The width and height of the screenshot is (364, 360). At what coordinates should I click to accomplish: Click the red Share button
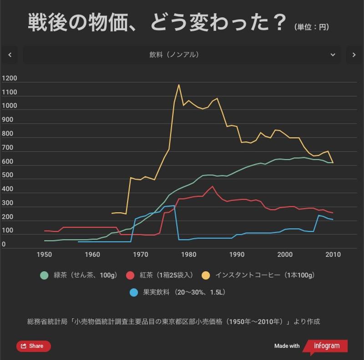[x=33, y=346]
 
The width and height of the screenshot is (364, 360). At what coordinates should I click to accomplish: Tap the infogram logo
[x=325, y=346]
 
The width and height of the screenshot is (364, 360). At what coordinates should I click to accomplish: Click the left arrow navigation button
[x=10, y=55]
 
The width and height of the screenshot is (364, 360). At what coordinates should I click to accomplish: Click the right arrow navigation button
[x=354, y=55]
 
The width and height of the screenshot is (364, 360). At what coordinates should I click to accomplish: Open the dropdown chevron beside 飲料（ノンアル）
[x=333, y=55]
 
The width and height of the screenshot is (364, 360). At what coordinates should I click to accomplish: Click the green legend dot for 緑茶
[x=44, y=275]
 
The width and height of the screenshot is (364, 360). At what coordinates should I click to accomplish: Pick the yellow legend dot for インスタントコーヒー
[x=206, y=275]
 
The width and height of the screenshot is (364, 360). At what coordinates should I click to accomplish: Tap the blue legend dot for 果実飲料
[x=133, y=292]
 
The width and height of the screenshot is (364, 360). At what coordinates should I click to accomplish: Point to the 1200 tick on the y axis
[x=10, y=78]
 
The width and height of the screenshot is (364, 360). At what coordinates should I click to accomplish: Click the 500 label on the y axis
[x=8, y=175]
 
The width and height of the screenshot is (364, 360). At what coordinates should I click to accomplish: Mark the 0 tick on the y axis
[x=4, y=245]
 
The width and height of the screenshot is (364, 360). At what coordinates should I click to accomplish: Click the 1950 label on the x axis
[x=44, y=255]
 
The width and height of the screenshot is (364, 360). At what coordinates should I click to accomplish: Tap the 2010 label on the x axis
[x=333, y=255]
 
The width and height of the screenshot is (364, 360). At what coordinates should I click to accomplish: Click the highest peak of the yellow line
[x=178, y=85]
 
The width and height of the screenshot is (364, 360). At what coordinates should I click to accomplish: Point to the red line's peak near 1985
[x=212, y=186]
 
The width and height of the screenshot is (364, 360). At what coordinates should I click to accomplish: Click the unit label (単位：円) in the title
[x=312, y=27]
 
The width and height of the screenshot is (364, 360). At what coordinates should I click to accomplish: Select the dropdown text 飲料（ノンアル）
[x=174, y=55]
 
